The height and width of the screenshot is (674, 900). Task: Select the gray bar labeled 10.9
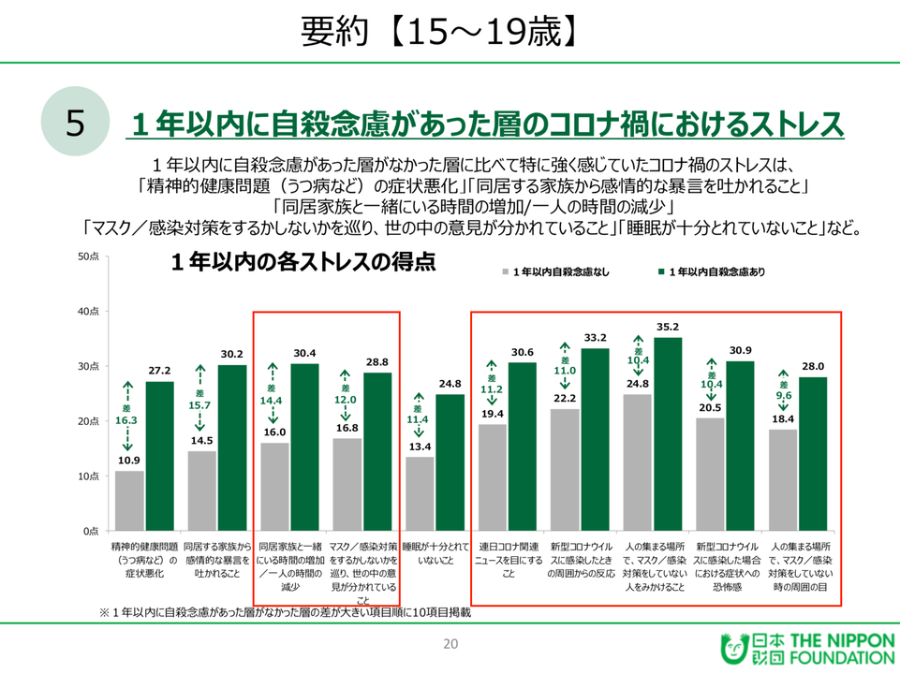[x=129, y=500]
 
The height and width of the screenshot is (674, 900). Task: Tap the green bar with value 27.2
[x=160, y=456]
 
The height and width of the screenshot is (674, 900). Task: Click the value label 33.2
[x=596, y=337]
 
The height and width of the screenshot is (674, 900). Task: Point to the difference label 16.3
[x=125, y=421]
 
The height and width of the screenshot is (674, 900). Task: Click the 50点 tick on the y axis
[x=89, y=256]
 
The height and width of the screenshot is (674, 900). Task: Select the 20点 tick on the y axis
[x=89, y=421]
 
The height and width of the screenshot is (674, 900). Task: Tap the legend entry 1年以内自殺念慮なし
[x=560, y=271]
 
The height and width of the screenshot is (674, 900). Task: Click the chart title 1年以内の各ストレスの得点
[x=302, y=263]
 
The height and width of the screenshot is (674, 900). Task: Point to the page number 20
[x=450, y=643]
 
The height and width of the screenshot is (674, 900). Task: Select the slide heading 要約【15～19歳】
[x=437, y=32]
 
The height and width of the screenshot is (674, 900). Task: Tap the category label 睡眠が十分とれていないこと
[x=435, y=551]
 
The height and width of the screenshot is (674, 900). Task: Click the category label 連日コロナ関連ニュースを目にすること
[x=509, y=558]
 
